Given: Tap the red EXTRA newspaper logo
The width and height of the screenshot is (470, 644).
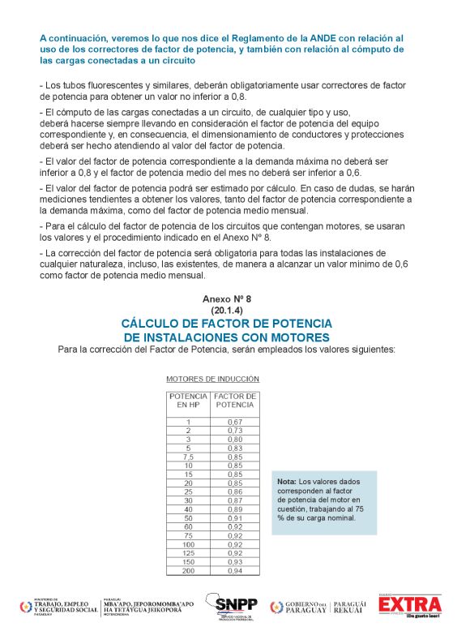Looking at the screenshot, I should (x=411, y=606).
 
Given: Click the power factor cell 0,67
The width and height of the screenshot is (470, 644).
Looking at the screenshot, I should (x=235, y=422).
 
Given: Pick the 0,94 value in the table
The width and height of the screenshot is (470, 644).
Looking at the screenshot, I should (x=235, y=570).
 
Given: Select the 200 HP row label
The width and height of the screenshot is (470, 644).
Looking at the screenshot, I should (x=188, y=570).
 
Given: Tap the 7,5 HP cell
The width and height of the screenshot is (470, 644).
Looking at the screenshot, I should (x=188, y=457).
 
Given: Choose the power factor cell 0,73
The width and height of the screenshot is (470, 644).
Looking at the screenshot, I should (x=235, y=431).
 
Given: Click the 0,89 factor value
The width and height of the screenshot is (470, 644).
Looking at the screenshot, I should (x=235, y=509).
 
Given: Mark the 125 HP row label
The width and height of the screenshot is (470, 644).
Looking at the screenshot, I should (x=188, y=552).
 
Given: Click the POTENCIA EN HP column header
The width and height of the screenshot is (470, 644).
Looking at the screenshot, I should (x=188, y=400).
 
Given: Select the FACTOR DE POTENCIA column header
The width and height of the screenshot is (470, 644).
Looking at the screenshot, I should (x=235, y=400).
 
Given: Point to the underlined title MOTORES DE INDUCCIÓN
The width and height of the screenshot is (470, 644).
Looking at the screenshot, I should (x=212, y=379).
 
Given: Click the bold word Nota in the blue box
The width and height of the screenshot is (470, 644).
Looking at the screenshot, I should (x=287, y=482).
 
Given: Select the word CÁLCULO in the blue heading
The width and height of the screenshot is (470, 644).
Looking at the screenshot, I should (x=152, y=323).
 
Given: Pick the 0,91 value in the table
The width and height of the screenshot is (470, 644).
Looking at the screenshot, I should (x=235, y=517).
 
